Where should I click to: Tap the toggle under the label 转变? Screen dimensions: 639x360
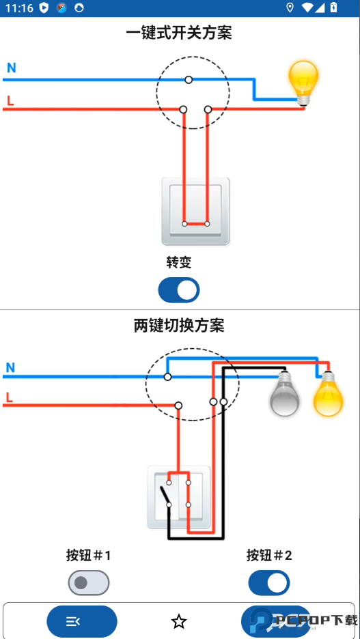pyautogui.click(x=179, y=290)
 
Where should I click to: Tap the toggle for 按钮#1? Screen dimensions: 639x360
pyautogui.click(x=89, y=583)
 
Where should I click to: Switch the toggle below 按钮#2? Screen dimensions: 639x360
pyautogui.click(x=269, y=583)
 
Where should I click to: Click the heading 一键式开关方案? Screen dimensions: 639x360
pyautogui.click(x=179, y=33)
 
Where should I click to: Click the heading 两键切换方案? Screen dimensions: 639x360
pyautogui.click(x=179, y=326)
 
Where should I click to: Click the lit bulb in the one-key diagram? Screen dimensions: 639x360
pyautogui.click(x=303, y=81)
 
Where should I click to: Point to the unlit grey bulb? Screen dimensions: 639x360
pyautogui.click(x=285, y=395)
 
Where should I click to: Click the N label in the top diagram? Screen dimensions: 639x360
pyautogui.click(x=11, y=68)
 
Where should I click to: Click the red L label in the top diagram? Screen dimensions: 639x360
pyautogui.click(x=10, y=102)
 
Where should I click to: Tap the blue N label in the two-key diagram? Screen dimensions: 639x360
pyautogui.click(x=10, y=368)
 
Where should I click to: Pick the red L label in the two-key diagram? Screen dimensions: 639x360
pyautogui.click(x=10, y=397)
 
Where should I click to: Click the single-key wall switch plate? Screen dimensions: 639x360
pyautogui.click(x=195, y=211)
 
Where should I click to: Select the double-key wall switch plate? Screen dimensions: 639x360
pyautogui.click(x=179, y=497)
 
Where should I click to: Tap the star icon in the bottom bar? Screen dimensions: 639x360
pyautogui.click(x=179, y=621)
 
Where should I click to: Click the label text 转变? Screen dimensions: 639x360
pyautogui.click(x=179, y=262)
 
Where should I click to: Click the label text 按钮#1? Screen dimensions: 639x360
pyautogui.click(x=89, y=556)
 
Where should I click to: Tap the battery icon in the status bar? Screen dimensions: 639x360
pyautogui.click(x=333, y=8)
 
